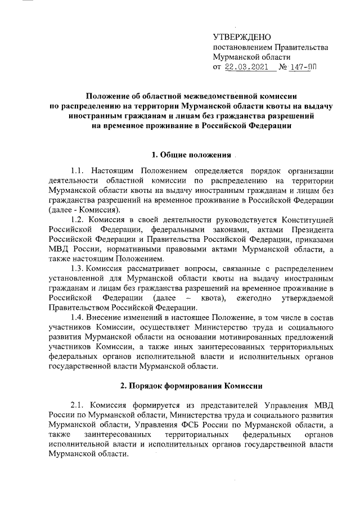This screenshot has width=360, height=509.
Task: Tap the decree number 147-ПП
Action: pyautogui.click(x=300, y=67)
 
